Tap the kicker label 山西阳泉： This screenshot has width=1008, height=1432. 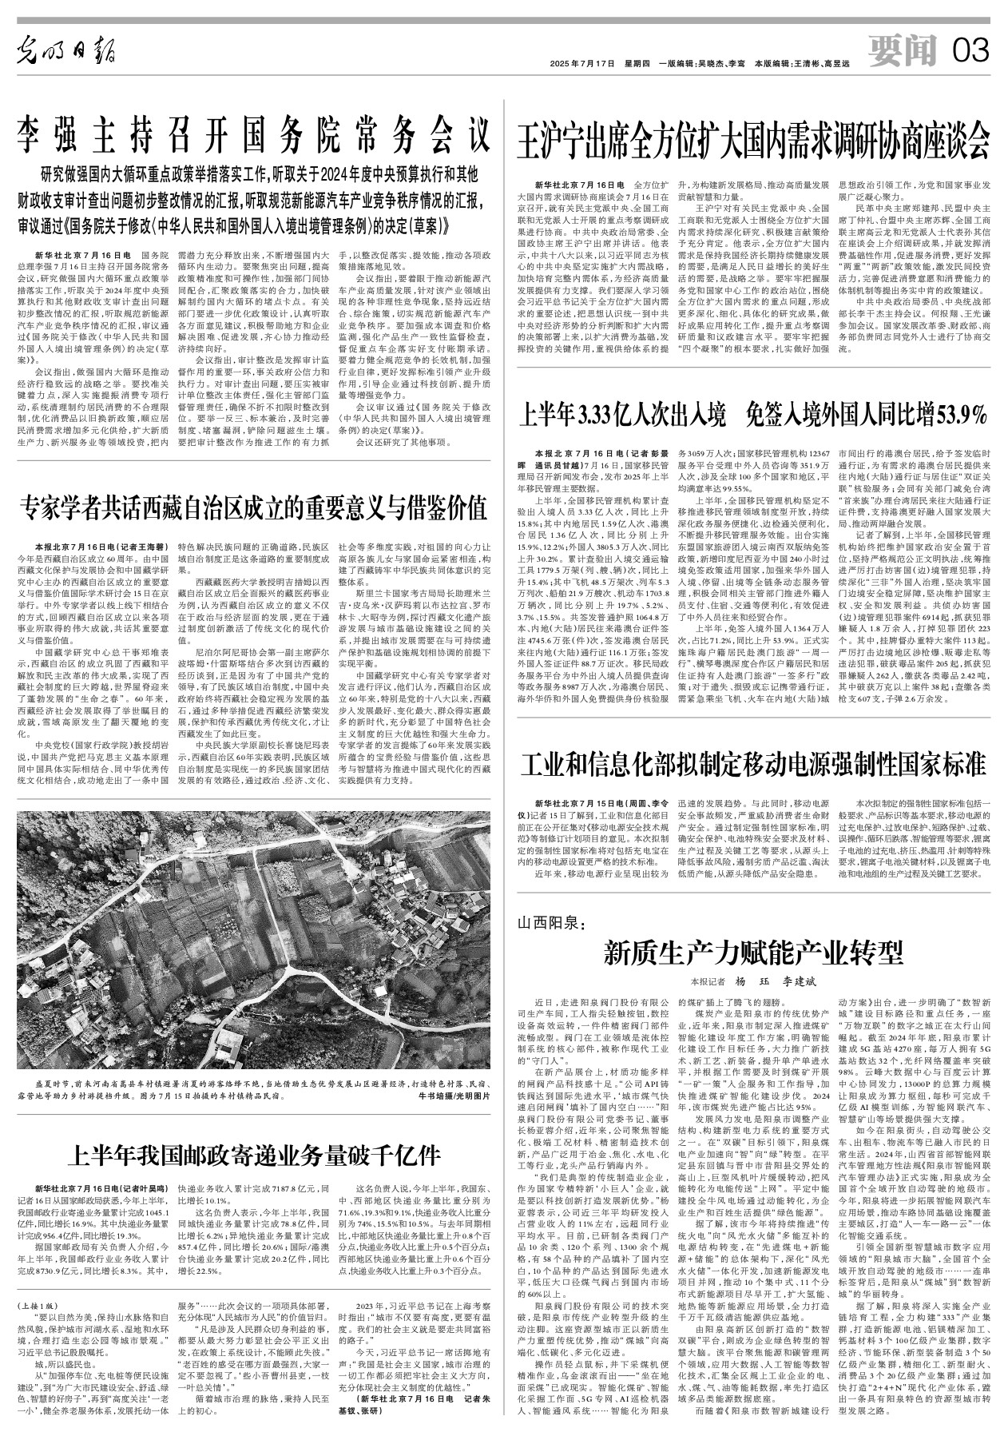coord(553,925)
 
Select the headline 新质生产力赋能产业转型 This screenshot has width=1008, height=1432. coord(754,952)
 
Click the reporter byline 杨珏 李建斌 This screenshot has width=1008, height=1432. coord(768,982)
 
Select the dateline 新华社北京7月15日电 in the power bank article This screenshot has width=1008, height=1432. coord(581,801)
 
